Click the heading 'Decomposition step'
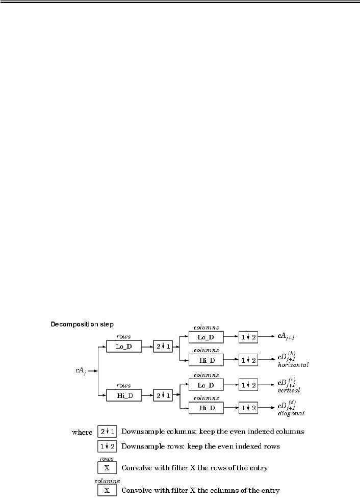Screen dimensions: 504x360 82,324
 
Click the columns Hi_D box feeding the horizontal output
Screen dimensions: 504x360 205,360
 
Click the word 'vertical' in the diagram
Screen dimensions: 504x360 289,390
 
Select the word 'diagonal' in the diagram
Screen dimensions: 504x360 291,414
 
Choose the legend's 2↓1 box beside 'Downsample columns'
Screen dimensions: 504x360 107,432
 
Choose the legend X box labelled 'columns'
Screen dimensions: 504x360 107,490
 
